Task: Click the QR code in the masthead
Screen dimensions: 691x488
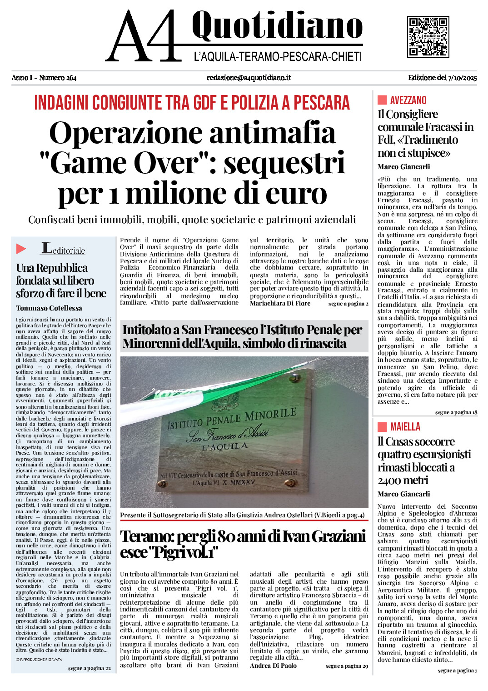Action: point(428,37)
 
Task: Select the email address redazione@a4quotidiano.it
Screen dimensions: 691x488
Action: point(249,78)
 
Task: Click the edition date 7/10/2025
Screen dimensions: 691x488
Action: point(462,78)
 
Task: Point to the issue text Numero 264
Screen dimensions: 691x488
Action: point(58,78)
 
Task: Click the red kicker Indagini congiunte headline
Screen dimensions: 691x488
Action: point(192,103)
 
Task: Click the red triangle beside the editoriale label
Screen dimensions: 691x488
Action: point(21,249)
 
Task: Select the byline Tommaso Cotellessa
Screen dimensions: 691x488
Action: point(49,308)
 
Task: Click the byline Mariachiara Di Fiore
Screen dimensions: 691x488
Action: point(280,303)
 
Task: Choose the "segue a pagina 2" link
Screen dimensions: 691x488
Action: point(348,304)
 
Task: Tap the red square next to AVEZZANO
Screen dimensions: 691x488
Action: point(382,100)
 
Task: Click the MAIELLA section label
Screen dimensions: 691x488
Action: point(405,427)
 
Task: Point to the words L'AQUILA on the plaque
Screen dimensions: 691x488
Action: point(225,446)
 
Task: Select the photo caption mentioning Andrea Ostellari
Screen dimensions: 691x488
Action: point(242,515)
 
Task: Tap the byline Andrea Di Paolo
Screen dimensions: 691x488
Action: point(273,666)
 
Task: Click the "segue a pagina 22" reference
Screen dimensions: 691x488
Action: point(90,668)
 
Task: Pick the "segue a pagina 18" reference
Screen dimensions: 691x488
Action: point(456,412)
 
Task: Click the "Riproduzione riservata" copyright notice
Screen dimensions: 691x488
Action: point(39,659)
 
